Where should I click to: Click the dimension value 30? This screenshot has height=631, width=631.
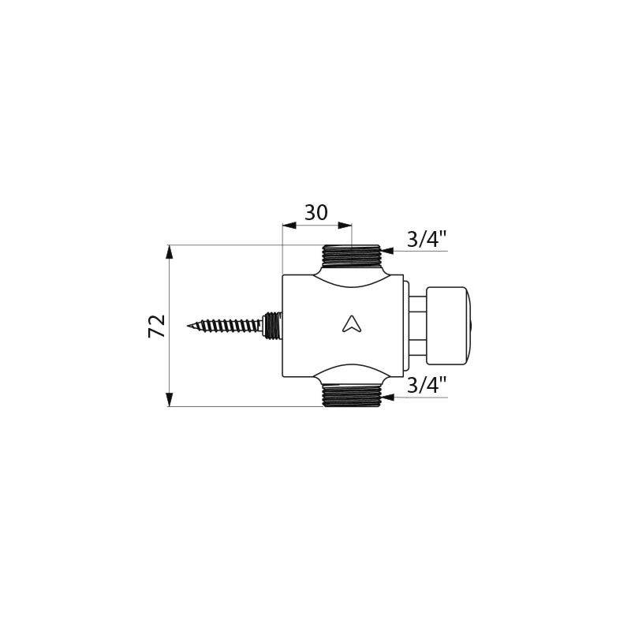tap(316, 213)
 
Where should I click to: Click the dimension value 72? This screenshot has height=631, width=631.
tap(158, 326)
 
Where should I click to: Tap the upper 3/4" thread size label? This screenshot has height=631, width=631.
tap(427, 240)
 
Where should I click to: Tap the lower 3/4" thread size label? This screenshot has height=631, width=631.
tap(427, 386)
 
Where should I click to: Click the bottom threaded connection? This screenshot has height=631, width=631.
tap(352, 395)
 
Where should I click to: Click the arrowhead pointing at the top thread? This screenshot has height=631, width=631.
tap(387, 250)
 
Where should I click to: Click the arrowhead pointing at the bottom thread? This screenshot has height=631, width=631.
tap(387, 397)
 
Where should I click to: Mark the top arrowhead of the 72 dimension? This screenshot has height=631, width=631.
tap(169, 252)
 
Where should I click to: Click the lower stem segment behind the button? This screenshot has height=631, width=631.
tap(417, 345)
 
